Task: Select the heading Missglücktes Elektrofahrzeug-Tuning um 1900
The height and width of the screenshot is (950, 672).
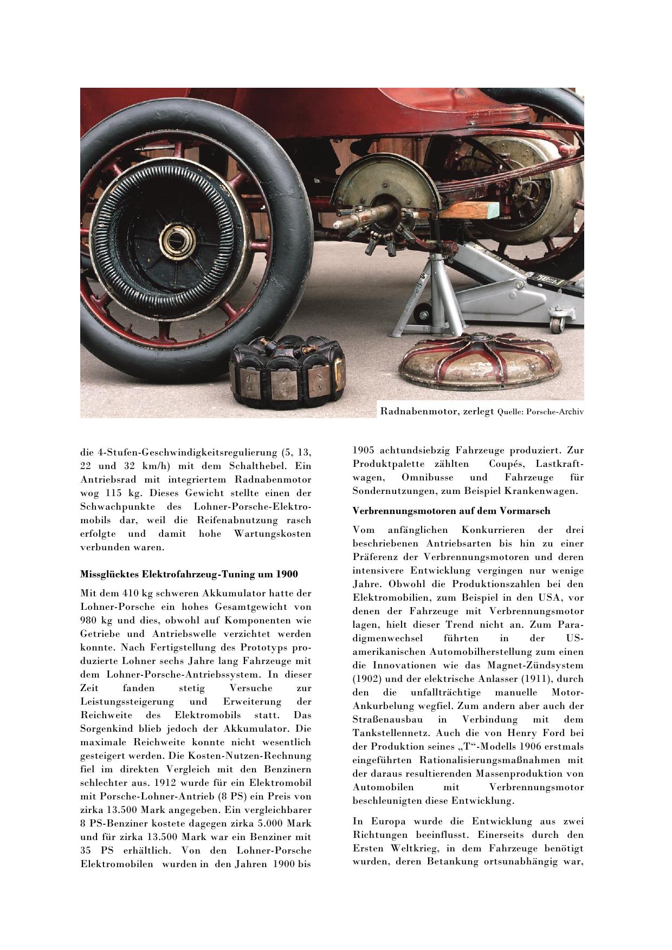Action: pos(189,574)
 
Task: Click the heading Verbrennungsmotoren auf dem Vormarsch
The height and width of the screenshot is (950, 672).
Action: pos(451,511)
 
